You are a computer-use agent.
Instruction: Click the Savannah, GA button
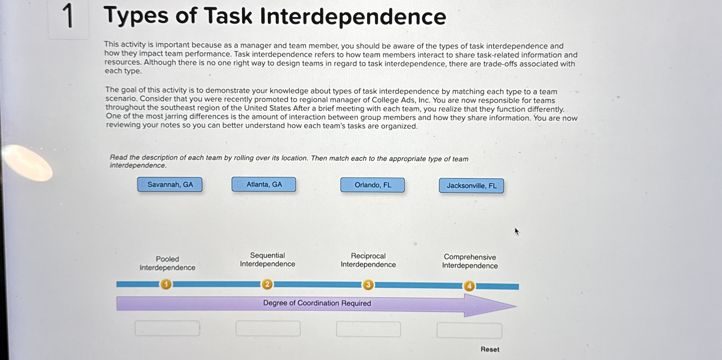[170, 185]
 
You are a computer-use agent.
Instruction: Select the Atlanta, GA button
[264, 184]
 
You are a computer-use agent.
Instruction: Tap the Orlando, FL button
[372, 185]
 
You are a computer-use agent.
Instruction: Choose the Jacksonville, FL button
[471, 186]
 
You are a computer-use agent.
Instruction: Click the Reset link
[490, 349]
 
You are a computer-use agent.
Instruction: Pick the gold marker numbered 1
[166, 284]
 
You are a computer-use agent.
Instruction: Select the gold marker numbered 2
[267, 284]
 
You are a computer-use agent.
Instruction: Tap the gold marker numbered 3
[368, 285]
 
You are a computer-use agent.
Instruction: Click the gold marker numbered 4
[469, 286]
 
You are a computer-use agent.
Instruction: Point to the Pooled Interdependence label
[167, 263]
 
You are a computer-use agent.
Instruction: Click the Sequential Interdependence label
[267, 260]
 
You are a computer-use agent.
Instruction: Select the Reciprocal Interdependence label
[368, 260]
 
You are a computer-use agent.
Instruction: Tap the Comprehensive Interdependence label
[470, 261]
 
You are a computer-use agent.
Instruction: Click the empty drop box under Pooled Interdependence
[167, 328]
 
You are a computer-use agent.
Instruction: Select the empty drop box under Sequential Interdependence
[268, 328]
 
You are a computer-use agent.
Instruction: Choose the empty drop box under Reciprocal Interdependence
[368, 329]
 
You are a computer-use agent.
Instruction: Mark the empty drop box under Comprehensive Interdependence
[469, 330]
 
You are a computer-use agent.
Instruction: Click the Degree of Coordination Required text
[317, 303]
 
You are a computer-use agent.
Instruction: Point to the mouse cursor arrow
[517, 231]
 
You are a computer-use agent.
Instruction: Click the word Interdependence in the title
[353, 17]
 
